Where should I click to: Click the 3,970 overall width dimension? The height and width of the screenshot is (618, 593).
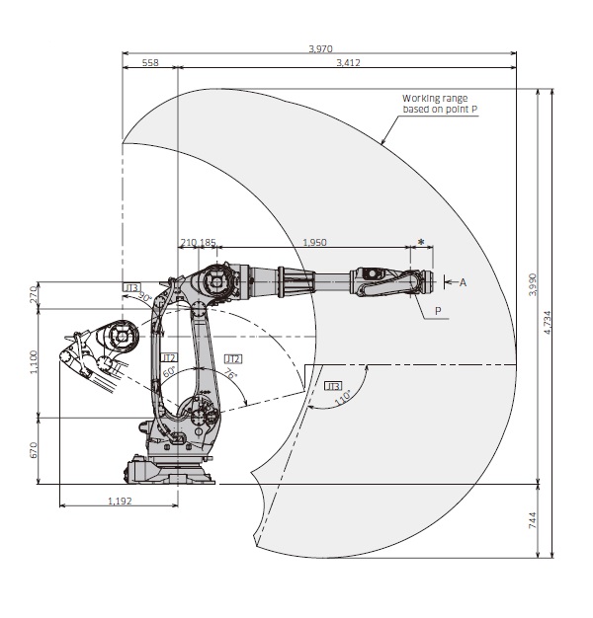coord(319,48)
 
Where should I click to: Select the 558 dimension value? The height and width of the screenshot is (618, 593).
coord(150,62)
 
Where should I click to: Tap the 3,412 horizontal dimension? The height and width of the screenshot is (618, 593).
coord(348,62)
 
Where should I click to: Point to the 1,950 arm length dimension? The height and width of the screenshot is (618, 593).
coord(314,242)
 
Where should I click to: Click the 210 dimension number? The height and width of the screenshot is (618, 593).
coord(188,242)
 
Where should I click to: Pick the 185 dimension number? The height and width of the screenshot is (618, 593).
coord(208,242)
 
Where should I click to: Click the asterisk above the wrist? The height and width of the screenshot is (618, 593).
coord(422,242)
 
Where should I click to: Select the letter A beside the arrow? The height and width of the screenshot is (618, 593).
coord(462,281)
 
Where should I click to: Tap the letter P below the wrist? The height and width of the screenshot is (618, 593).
coord(437,310)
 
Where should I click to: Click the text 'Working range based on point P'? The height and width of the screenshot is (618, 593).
coord(440,103)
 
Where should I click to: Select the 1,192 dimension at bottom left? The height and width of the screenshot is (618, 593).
coord(120,501)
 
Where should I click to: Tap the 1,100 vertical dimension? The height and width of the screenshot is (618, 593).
coord(33,361)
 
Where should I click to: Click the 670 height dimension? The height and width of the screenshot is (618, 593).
coord(33,450)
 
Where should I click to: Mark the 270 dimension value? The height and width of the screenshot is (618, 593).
coord(33,294)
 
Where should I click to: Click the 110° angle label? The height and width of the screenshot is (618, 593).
coord(343,398)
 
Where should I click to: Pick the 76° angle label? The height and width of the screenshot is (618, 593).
coord(229,375)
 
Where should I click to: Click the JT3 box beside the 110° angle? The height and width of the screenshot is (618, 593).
coord(333,385)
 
